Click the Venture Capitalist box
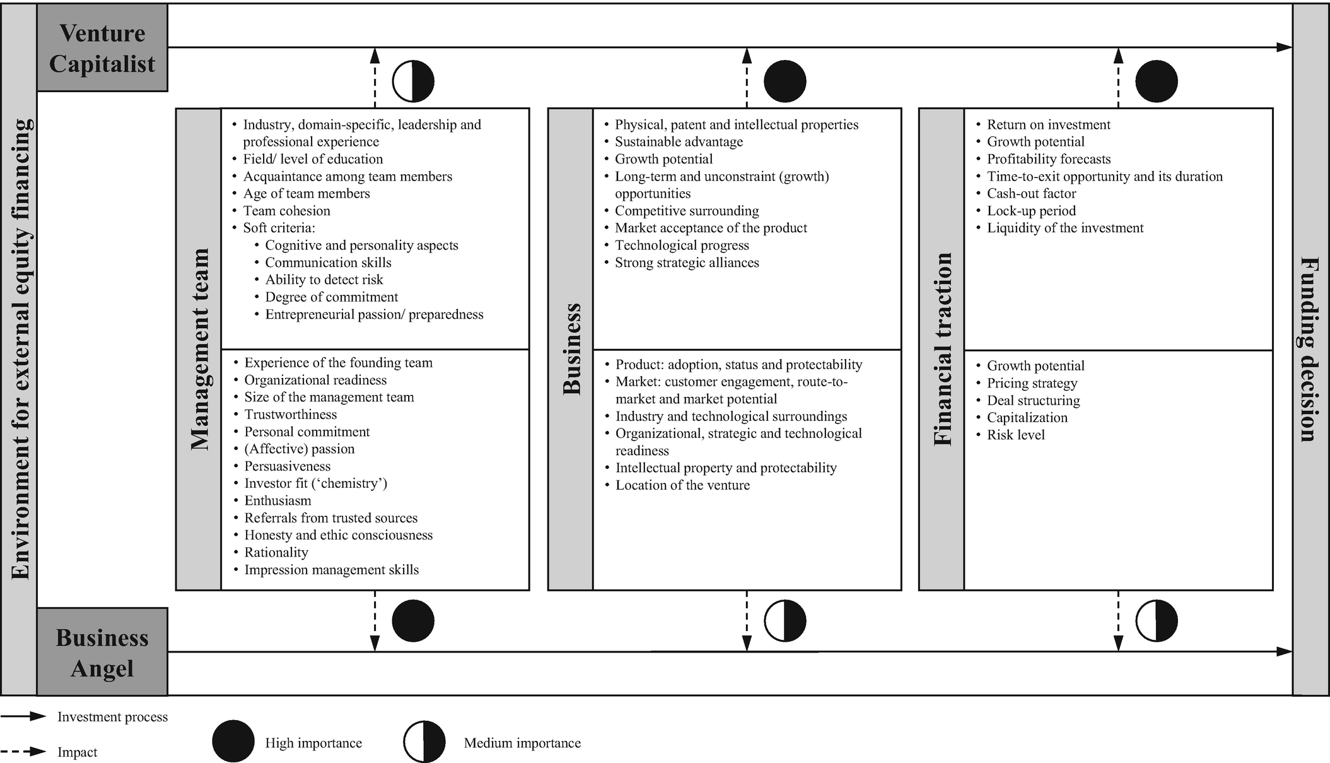[x=102, y=48]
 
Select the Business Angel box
[x=102, y=653]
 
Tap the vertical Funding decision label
[x=1310, y=349]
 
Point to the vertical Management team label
[x=199, y=349]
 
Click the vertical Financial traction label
[x=942, y=349]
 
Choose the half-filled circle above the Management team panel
[x=413, y=81]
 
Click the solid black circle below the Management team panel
[x=413, y=621]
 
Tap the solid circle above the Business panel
[x=785, y=81]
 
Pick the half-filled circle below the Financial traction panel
[x=1157, y=621]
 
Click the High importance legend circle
[x=233, y=742]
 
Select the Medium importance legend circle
[x=424, y=742]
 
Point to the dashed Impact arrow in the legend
[x=23, y=752]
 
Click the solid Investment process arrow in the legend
[x=23, y=716]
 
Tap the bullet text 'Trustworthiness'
[x=290, y=415]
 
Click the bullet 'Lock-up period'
[x=1031, y=211]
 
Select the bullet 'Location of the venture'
[x=682, y=485]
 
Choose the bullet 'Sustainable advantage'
[x=679, y=142]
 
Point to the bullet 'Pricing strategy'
[x=1032, y=383]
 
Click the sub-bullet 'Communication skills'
[x=328, y=263]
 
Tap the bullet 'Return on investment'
[x=1048, y=125]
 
